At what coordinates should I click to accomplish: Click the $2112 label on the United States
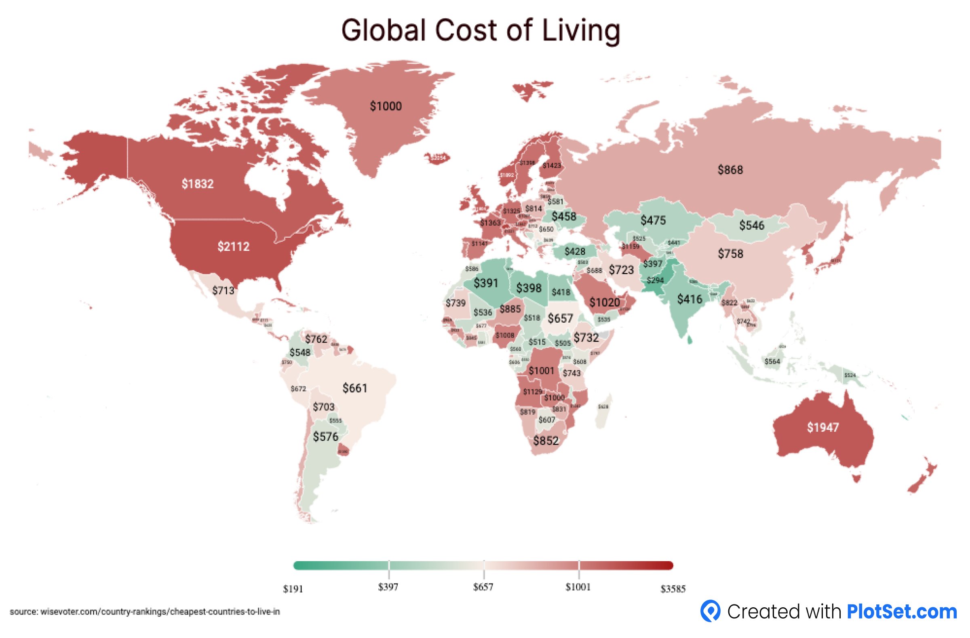pyautogui.click(x=233, y=247)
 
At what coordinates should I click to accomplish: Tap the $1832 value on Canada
pyautogui.click(x=198, y=184)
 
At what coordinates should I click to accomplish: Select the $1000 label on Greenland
pyautogui.click(x=386, y=106)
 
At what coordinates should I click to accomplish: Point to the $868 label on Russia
pyautogui.click(x=730, y=170)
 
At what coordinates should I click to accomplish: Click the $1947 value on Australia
pyautogui.click(x=822, y=428)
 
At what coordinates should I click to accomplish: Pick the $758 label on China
pyautogui.click(x=730, y=254)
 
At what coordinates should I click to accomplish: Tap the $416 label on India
pyautogui.click(x=690, y=300)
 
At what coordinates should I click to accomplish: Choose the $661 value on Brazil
pyautogui.click(x=354, y=389)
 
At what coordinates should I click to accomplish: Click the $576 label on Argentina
pyautogui.click(x=325, y=437)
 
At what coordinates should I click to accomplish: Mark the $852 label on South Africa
pyautogui.click(x=546, y=441)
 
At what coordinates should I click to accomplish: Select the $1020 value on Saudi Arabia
pyautogui.click(x=604, y=302)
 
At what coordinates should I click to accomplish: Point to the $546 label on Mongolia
pyautogui.click(x=751, y=226)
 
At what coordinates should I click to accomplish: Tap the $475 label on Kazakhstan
pyautogui.click(x=653, y=220)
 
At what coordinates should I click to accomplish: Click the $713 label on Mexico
pyautogui.click(x=224, y=291)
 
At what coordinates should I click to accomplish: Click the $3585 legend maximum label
pyautogui.click(x=673, y=589)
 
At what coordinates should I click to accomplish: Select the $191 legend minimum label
pyautogui.click(x=293, y=589)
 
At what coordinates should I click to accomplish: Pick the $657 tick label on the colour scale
pyautogui.click(x=483, y=587)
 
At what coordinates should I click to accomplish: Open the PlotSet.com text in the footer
pyautogui.click(x=902, y=612)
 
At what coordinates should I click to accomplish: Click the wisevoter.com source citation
pyautogui.click(x=145, y=612)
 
